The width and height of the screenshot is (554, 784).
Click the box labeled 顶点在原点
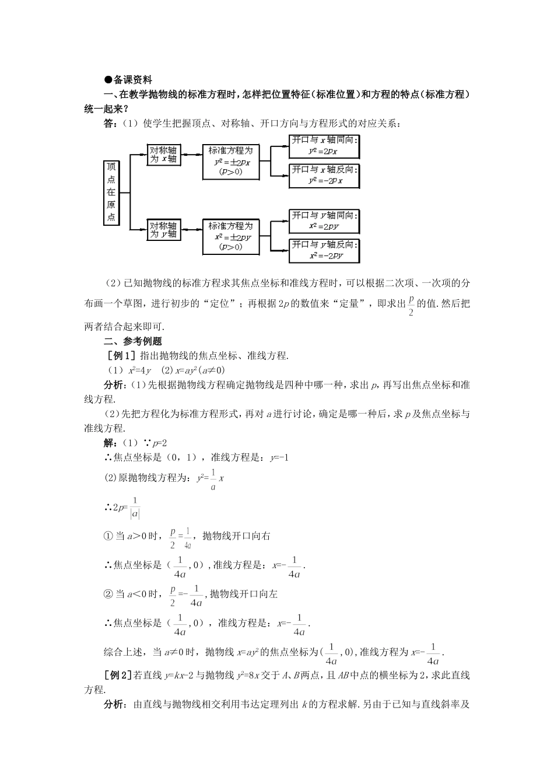pyautogui.click(x=111, y=192)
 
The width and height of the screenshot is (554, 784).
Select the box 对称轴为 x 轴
pyautogui.click(x=163, y=154)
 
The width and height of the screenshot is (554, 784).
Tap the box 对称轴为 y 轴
pyautogui.click(x=163, y=229)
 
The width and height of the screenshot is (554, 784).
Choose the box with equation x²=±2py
pyautogui.click(x=231, y=237)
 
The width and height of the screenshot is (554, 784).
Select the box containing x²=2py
pyautogui.click(x=324, y=221)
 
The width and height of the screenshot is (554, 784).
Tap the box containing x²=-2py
pyautogui.click(x=324, y=250)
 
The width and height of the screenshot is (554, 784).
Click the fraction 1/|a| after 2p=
pyautogui.click(x=135, y=508)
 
